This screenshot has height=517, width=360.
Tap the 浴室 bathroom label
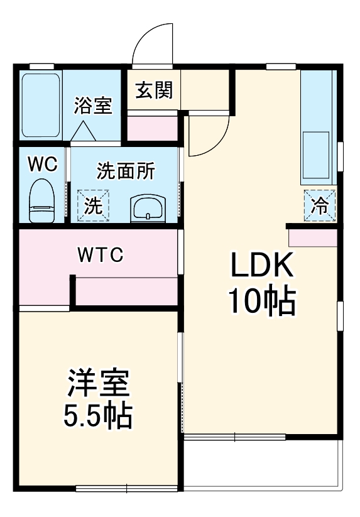coord(93,105)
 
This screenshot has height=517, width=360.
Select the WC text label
coord(43,164)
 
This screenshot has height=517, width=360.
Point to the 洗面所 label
coord(126,171)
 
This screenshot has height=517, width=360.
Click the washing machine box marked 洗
coord(93,205)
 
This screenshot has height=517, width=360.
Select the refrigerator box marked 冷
coord(320,205)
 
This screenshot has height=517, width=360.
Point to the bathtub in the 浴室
coord(41,107)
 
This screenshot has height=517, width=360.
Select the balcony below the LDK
coord(263,464)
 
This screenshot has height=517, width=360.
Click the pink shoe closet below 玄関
coord(153,128)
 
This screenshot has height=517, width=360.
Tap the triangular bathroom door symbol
coord(84,131)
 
